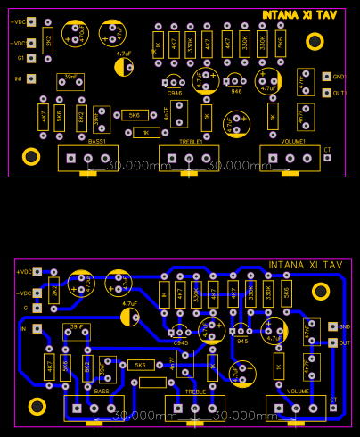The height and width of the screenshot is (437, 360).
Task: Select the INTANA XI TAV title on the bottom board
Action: pos(306,265)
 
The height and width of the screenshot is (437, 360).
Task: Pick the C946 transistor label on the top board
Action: pos(175,92)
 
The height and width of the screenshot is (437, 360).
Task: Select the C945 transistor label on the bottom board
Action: pos(181,342)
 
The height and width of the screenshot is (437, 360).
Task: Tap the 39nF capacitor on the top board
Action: pos(70,80)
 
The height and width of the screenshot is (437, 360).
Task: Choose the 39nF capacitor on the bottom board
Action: pos(77,327)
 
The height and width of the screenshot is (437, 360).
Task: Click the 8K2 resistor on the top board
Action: pos(81,117)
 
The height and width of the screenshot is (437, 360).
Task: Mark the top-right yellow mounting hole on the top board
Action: pos(315,41)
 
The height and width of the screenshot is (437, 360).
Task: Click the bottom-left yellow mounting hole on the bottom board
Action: pos(36,406)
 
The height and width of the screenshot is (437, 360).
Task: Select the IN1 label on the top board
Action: pos(19,78)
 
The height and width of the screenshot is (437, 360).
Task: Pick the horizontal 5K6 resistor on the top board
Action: pos(134,115)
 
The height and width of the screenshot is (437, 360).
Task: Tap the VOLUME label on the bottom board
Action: pos(297,392)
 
